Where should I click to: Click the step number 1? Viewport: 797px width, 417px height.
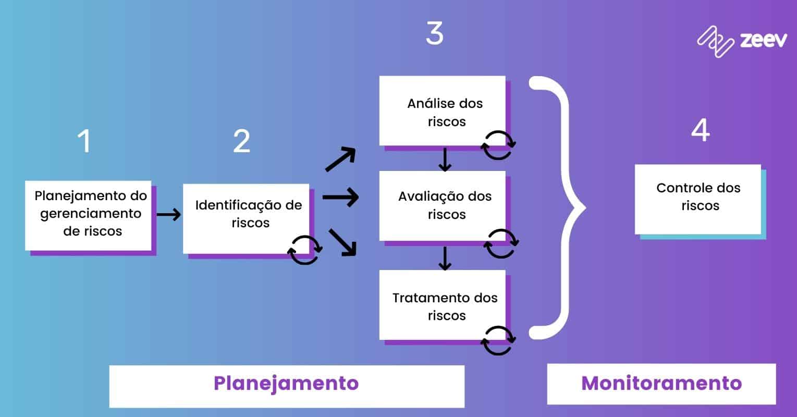click(84, 141)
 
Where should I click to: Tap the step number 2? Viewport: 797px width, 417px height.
click(241, 141)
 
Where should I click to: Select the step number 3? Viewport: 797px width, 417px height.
click(434, 33)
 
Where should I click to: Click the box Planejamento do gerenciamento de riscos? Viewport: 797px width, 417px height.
click(88, 215)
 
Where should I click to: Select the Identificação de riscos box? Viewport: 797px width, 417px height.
click(246, 218)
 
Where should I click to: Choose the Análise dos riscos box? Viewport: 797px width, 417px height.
click(442, 111)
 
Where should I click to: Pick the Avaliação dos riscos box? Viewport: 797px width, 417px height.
click(442, 205)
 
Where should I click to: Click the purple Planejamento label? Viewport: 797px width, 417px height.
click(286, 384)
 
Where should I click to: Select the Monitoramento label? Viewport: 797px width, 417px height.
click(661, 384)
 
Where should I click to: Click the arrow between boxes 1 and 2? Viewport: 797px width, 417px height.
click(168, 214)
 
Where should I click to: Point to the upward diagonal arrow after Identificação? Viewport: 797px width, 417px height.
click(340, 159)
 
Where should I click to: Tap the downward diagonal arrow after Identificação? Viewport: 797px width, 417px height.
click(342, 242)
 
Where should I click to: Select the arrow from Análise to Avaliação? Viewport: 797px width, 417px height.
click(444, 160)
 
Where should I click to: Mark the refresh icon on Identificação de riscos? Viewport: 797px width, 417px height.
click(304, 250)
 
